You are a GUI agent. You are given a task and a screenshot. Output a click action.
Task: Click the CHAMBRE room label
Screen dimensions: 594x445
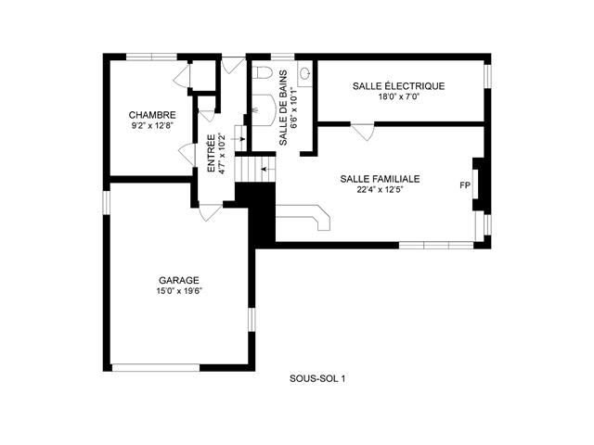click(x=152, y=115)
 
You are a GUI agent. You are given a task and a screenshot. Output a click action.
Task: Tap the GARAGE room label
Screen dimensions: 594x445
click(x=178, y=280)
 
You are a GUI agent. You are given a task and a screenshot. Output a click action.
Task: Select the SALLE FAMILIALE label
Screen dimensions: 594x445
click(x=380, y=179)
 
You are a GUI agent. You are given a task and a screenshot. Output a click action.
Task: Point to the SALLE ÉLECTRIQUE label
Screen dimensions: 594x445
click(x=398, y=86)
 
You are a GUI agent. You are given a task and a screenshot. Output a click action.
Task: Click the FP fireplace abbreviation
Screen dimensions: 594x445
click(x=465, y=185)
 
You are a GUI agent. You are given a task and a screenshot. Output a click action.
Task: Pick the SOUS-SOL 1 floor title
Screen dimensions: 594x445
click(x=317, y=378)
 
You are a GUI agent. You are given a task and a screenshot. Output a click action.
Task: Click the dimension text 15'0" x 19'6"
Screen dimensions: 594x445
click(x=178, y=291)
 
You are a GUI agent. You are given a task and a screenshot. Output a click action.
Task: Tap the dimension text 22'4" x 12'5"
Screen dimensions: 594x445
click(x=380, y=189)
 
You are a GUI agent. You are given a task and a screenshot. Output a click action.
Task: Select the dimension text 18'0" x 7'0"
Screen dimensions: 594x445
click(x=399, y=96)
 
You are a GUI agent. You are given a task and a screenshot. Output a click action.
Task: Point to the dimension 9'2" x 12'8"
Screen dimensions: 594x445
click(x=152, y=126)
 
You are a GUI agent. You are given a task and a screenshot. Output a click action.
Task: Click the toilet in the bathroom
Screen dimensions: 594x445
click(x=262, y=72)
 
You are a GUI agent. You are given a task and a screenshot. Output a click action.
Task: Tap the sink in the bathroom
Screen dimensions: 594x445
click(x=304, y=72)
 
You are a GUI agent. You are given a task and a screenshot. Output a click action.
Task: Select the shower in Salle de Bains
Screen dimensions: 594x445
click(x=263, y=110)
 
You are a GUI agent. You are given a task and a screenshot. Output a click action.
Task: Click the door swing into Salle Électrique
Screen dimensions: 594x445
click(x=364, y=132)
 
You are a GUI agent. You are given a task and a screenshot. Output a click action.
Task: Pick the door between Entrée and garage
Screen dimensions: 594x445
click(x=210, y=212)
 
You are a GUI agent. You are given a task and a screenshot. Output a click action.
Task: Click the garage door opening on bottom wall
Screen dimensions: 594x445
click(x=156, y=367)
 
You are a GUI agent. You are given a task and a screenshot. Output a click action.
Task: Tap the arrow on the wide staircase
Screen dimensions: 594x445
click(x=268, y=169)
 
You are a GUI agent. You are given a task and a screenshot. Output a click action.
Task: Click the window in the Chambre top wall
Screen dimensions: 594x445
click(x=151, y=57)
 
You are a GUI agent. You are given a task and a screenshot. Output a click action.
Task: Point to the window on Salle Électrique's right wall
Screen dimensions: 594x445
click(x=488, y=77)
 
